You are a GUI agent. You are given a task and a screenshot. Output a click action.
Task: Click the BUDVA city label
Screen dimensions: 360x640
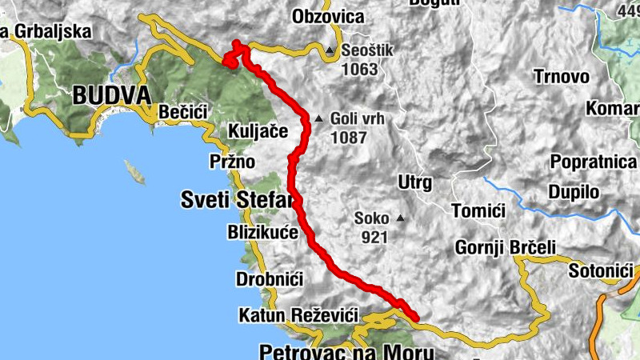[x=111, y=96]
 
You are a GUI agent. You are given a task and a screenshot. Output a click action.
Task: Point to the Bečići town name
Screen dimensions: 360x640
[x=184, y=112]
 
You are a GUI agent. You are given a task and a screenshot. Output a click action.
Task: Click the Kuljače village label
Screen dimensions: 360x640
[x=258, y=130]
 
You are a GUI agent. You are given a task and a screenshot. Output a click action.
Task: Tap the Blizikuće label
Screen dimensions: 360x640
[x=263, y=233]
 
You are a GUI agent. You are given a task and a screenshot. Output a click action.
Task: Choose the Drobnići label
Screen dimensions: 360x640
[x=269, y=279]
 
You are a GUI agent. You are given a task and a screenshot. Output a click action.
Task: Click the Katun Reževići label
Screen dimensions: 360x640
[x=298, y=316]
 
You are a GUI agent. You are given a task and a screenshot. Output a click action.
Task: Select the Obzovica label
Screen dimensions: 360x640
[x=328, y=17]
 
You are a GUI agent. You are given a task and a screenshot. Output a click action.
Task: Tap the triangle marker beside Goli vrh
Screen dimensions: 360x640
[x=318, y=119]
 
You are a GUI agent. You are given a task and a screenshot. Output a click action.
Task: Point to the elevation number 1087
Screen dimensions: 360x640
[x=348, y=138]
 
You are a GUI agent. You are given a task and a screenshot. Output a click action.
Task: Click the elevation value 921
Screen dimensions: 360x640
[x=374, y=237]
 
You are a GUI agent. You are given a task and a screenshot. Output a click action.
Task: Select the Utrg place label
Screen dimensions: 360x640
[x=414, y=182]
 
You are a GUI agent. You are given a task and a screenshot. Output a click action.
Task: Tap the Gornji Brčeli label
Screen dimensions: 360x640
[x=505, y=247]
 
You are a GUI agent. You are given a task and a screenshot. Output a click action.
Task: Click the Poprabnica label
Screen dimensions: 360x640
[x=593, y=162]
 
